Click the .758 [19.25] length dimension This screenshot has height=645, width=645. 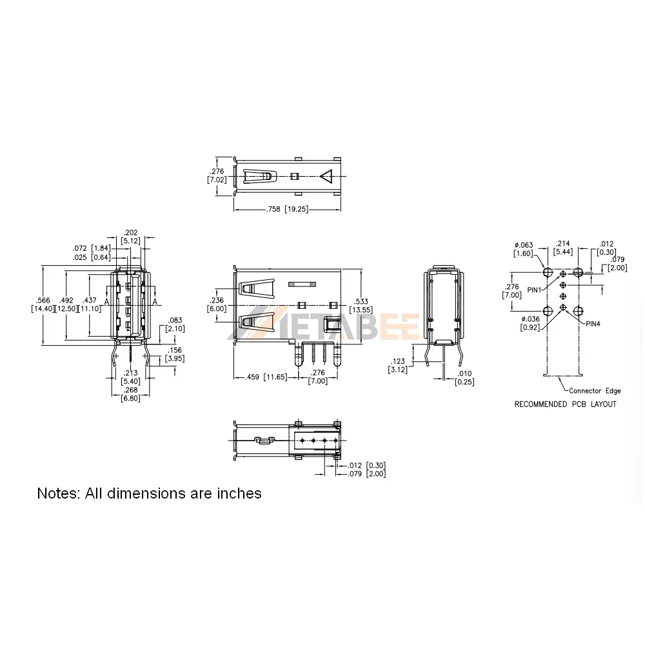(287, 209)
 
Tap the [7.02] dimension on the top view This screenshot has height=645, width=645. (217, 180)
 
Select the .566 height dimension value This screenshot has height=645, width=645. (43, 301)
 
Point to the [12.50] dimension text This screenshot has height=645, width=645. (66, 308)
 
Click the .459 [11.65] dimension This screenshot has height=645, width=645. (266, 377)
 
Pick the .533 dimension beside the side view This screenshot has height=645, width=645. (361, 301)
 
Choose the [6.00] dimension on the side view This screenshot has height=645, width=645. (217, 308)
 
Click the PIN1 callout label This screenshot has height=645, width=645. (534, 290)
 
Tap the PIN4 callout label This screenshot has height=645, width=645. (593, 324)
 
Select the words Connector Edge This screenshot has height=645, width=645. (595, 391)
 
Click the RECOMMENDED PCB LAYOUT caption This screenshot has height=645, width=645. (565, 404)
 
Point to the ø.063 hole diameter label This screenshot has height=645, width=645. (524, 245)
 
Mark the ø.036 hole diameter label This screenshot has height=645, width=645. (530, 319)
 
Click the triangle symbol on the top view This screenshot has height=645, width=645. (326, 177)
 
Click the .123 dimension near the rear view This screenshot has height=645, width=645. (398, 361)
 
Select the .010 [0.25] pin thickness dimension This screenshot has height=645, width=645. (464, 377)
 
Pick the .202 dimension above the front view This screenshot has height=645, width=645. (130, 233)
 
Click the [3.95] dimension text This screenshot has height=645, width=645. (175, 358)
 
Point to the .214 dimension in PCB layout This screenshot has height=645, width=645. (562, 244)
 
